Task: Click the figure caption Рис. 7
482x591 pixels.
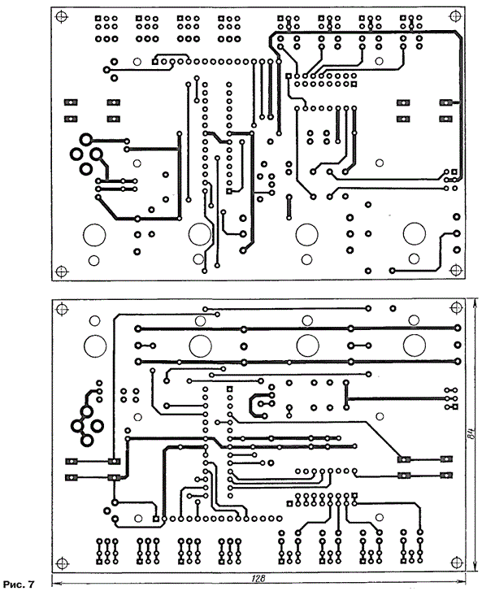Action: point(19,584)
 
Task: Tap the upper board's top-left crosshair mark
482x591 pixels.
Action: point(62,16)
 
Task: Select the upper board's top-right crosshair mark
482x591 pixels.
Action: point(456,15)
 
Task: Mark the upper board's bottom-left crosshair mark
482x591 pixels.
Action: point(62,271)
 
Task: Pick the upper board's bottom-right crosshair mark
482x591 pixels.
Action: point(456,270)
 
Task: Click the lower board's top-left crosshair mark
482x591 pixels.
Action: point(62,309)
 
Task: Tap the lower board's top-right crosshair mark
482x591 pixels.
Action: point(456,307)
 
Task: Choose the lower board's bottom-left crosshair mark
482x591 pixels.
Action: point(62,563)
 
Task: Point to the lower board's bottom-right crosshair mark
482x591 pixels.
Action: point(456,563)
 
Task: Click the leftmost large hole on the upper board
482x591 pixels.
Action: point(94,235)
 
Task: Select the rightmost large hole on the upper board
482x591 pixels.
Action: point(415,233)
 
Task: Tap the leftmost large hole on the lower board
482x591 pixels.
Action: point(95,346)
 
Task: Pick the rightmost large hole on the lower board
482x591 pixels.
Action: point(415,345)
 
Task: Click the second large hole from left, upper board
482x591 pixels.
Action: point(200,234)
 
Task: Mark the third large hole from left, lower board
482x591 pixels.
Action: point(307,345)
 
